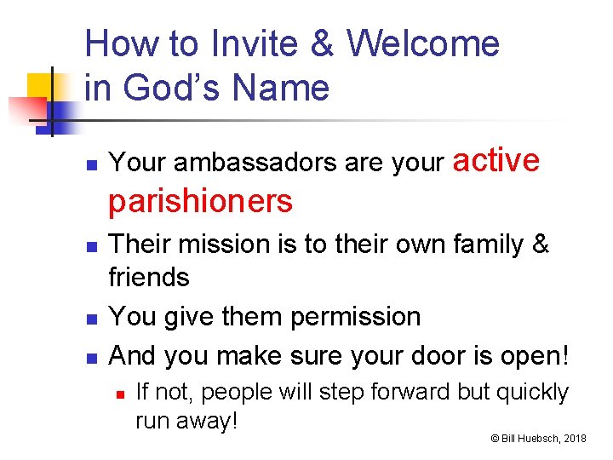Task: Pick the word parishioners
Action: (201, 201)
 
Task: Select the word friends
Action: (150, 277)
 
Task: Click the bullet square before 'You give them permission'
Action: (95, 318)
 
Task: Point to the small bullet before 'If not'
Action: (121, 394)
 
